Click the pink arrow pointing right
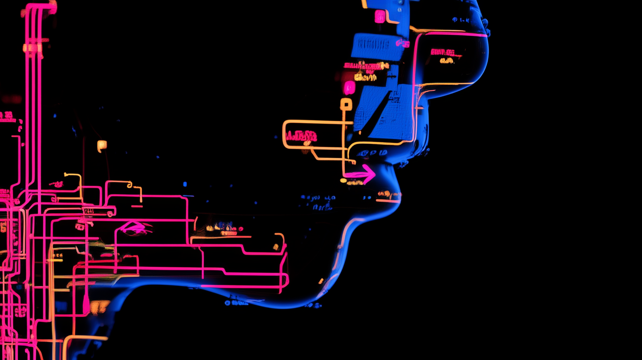[x=362, y=174]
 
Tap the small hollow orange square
[x=346, y=105]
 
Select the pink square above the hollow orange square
[x=349, y=87]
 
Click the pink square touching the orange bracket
[x=380, y=16]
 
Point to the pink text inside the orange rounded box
[x=301, y=136]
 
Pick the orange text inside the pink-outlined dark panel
[x=447, y=60]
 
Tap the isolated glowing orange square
[x=101, y=145]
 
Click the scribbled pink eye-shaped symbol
[x=135, y=228]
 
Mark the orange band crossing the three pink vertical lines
[x=33, y=48]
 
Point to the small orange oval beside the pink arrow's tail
[x=343, y=180]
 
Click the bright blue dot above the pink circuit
[x=184, y=184]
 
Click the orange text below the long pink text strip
[x=366, y=77]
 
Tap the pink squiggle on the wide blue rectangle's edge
[x=402, y=43]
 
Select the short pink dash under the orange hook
[x=137, y=206]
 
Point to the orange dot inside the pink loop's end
[x=276, y=247]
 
